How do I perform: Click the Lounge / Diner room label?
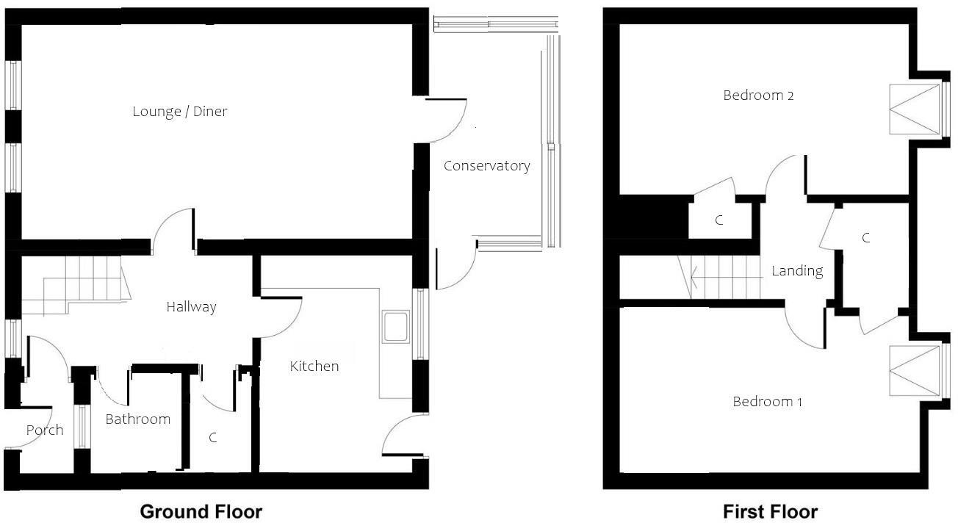click(180, 112)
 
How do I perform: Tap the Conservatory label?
click(486, 166)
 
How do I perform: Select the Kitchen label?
click(314, 366)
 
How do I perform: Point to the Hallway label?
click(191, 306)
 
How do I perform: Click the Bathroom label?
click(137, 419)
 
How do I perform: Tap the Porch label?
click(45, 430)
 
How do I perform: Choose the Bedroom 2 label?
click(758, 95)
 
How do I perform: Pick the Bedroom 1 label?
click(767, 402)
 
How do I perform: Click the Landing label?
click(796, 271)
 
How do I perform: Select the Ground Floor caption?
click(201, 511)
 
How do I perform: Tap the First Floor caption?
click(770, 511)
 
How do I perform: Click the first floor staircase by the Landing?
click(724, 277)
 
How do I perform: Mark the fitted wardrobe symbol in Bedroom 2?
click(915, 109)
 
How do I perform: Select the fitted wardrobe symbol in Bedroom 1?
click(915, 371)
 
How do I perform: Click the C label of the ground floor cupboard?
click(213, 438)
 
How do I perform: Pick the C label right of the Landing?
click(866, 238)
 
